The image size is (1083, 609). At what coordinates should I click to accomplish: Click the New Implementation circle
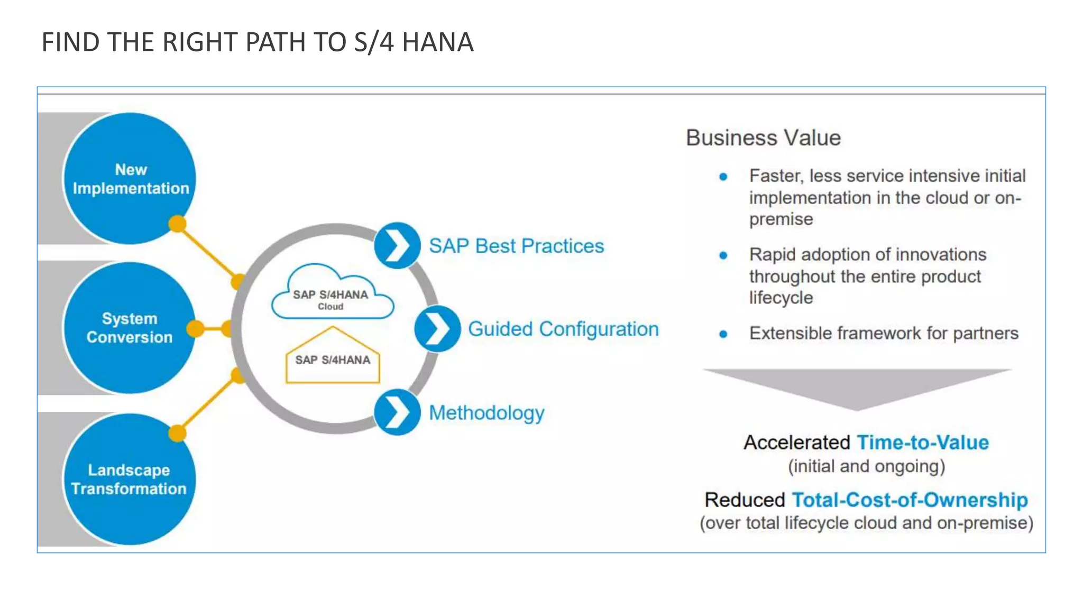tap(130, 178)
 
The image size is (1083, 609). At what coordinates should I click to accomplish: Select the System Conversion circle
tap(130, 328)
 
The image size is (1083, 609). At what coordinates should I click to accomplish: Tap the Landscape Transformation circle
tap(130, 479)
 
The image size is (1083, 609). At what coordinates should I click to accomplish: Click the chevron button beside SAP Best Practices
tap(397, 245)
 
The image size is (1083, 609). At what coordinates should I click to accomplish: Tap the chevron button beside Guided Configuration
tap(437, 329)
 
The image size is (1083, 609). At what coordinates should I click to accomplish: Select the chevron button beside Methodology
tap(397, 412)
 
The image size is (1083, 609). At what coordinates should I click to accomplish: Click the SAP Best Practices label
tap(516, 246)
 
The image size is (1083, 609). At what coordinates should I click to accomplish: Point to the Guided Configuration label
tap(563, 329)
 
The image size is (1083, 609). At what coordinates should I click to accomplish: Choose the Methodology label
tap(487, 413)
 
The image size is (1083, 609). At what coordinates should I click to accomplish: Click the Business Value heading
tap(763, 138)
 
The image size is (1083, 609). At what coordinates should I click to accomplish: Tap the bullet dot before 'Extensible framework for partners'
tap(723, 334)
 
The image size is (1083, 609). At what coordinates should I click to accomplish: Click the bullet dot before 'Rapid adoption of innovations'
tap(723, 256)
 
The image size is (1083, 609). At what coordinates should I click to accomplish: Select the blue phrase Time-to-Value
tap(923, 442)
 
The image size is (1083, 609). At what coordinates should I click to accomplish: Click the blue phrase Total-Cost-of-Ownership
tap(910, 500)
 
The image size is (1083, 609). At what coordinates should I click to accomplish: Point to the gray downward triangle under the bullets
tap(857, 386)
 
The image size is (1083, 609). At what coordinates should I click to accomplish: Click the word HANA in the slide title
tap(438, 42)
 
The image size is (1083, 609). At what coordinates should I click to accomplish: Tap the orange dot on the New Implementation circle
tap(178, 224)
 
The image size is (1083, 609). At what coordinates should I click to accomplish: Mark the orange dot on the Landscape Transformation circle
tap(178, 433)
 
